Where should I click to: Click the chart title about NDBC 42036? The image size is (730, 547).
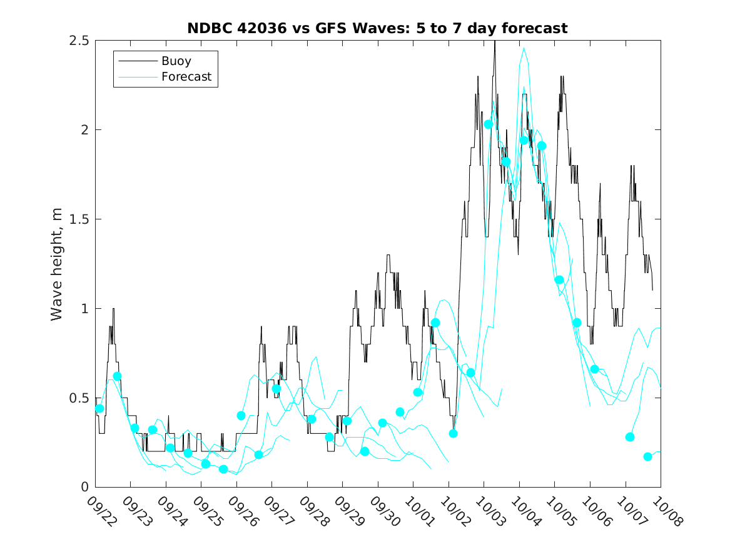(377, 28)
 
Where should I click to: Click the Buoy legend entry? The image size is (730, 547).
(176, 61)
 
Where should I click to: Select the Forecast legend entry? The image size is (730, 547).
(186, 78)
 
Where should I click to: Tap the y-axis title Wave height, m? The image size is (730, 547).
(57, 264)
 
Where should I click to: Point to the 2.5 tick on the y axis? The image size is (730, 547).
(78, 41)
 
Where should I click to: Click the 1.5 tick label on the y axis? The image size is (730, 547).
(78, 219)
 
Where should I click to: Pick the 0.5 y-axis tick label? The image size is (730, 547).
(78, 398)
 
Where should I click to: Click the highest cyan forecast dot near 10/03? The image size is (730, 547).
(489, 124)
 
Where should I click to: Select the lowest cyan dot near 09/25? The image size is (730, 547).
(223, 469)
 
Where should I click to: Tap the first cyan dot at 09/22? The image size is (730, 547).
(99, 408)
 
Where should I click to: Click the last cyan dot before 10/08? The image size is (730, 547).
(647, 456)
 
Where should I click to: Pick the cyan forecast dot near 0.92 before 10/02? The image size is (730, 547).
(435, 323)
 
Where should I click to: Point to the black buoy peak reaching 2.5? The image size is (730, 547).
(495, 42)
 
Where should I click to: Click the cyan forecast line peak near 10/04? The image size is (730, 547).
(524, 48)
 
